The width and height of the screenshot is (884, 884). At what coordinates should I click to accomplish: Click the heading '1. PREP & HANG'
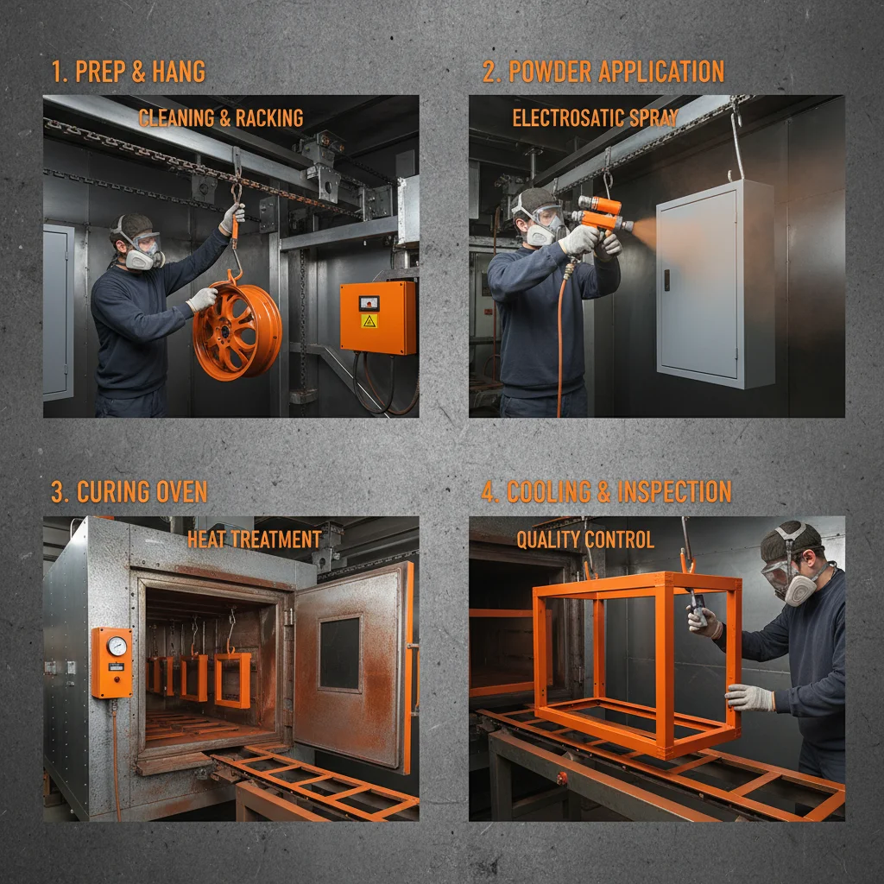click(x=128, y=72)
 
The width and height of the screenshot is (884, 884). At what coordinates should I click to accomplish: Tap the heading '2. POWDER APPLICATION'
click(x=603, y=72)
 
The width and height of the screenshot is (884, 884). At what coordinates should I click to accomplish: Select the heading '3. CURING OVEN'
click(x=129, y=492)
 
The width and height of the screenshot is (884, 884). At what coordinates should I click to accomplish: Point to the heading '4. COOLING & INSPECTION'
click(x=606, y=492)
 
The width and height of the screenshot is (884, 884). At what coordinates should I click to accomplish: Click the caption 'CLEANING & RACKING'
click(x=221, y=118)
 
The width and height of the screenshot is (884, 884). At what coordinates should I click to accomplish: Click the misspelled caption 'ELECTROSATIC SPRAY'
click(x=595, y=118)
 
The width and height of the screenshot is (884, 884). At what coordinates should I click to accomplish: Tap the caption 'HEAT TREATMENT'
click(x=254, y=540)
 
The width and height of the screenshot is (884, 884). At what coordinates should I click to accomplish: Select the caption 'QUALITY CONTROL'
click(x=585, y=540)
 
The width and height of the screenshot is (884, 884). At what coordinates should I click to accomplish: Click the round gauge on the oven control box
click(x=117, y=646)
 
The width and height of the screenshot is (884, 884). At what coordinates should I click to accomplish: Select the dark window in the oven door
click(x=339, y=653)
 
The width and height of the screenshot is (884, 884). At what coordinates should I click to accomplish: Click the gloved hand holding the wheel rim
click(x=201, y=300)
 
